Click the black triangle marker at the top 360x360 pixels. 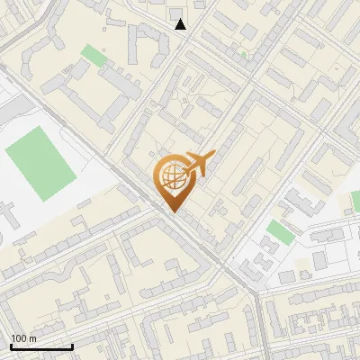tap(181, 24)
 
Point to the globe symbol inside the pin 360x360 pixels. tap(172, 176)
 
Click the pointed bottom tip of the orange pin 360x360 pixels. tap(173, 211)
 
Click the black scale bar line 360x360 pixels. tap(41, 346)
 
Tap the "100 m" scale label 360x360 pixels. tap(23, 338)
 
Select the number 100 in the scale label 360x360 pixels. tap(19, 338)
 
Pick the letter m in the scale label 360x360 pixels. tap(32, 338)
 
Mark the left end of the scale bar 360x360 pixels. tap(11, 346)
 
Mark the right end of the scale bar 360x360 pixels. tap(72, 346)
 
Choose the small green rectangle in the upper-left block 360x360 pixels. tap(93, 55)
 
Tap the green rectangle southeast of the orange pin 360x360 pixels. tap(280, 232)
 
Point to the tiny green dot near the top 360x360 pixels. tap(243, 53)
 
